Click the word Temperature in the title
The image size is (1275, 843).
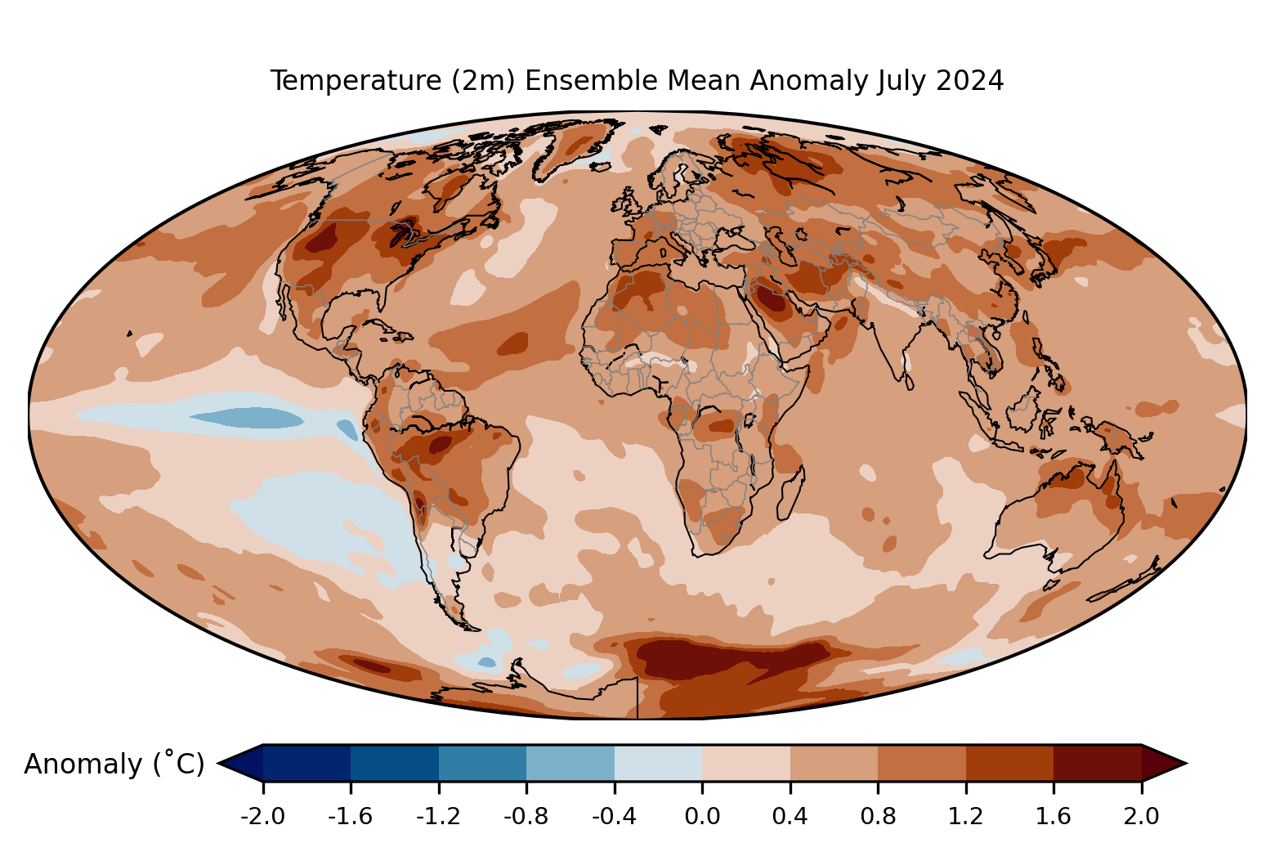(356, 81)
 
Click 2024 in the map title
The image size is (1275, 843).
(969, 81)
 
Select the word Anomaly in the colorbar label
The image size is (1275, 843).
(83, 765)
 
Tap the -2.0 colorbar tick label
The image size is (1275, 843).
(262, 817)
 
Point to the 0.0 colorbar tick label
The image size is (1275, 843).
(702, 817)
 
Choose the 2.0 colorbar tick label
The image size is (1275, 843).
(1141, 817)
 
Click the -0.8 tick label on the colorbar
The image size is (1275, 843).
(526, 817)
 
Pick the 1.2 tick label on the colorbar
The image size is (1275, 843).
(966, 817)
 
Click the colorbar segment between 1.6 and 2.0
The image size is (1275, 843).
(1098, 763)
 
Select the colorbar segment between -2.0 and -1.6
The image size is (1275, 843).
(306, 763)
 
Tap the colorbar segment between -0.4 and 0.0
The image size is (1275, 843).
(658, 763)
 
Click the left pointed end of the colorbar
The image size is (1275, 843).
(218, 763)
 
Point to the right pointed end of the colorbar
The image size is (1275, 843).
(1187, 763)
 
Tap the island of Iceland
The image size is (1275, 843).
(602, 167)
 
